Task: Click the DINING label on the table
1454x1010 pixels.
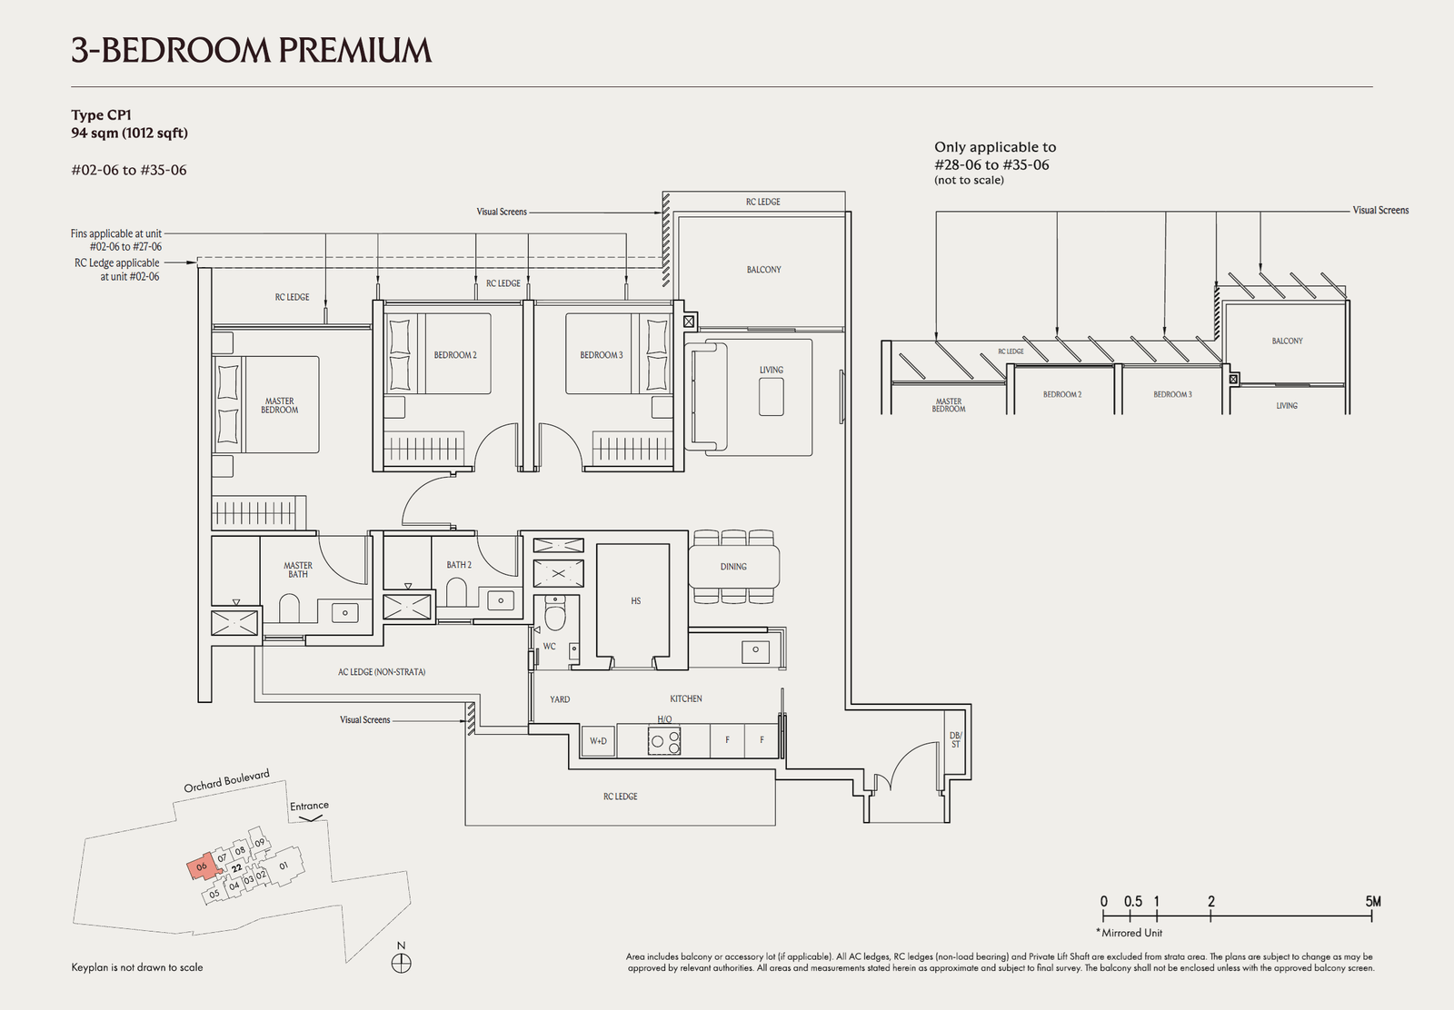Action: point(733,567)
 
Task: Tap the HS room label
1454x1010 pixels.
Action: point(635,601)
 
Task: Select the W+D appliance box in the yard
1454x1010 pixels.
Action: point(598,741)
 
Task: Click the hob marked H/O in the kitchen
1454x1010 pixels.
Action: point(664,741)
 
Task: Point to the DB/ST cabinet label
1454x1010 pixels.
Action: point(955,739)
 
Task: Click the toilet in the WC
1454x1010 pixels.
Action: point(555,613)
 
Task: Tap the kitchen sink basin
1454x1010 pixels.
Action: point(755,650)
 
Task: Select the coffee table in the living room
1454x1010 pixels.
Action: point(772,396)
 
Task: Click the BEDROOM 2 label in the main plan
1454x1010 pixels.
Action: point(455,355)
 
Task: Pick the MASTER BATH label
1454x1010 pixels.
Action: point(298,569)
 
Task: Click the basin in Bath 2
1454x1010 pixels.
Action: point(501,600)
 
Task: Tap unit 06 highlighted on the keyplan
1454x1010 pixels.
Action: point(202,866)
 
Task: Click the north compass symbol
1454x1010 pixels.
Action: point(401,964)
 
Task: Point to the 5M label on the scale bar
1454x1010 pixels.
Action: point(1373,902)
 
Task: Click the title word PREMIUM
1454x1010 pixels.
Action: point(355,51)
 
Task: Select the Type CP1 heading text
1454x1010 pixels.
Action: point(101,114)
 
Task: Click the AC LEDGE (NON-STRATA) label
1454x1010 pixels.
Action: point(382,672)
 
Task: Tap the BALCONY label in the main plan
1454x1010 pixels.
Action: point(764,270)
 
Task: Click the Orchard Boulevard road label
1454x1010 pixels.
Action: point(226,781)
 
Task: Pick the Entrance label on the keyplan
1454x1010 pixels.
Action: point(309,806)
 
